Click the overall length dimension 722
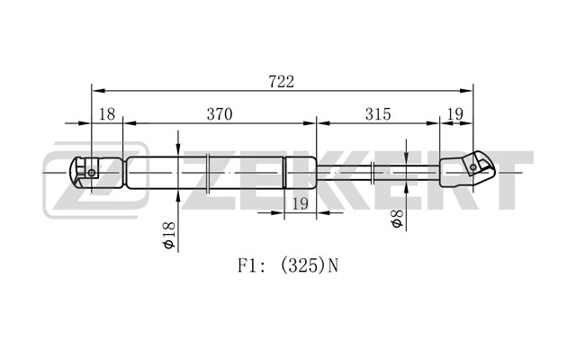pos(282,82)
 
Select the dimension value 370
pos(220,114)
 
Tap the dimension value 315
pos(378,114)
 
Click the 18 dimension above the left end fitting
pos(107,114)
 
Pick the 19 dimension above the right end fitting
pos(455,114)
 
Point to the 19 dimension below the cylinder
pos(300,203)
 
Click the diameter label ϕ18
pos(170,236)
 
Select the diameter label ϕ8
pos(398,219)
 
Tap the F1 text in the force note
pos(247,265)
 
